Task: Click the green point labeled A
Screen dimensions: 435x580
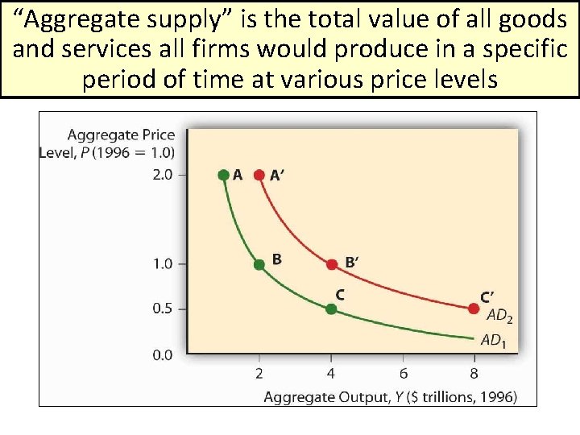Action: click(223, 174)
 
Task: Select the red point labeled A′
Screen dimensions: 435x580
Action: click(259, 174)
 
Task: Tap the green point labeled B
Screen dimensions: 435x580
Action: click(259, 264)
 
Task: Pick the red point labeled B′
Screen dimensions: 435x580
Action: click(332, 264)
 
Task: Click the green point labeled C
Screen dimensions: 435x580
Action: click(331, 309)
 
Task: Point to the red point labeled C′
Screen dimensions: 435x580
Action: click(474, 308)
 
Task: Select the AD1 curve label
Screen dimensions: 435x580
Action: click(494, 341)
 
